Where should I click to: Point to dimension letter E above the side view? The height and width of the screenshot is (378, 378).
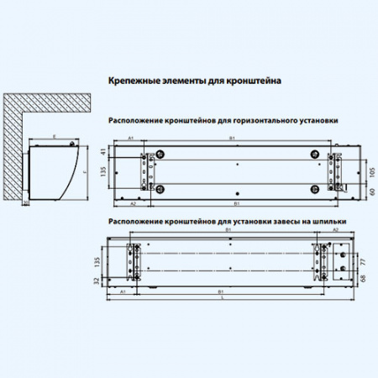pos(53,134)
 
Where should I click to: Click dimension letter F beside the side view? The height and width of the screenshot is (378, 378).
pos(84,171)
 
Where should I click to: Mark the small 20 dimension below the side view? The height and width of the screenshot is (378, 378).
pos(25,203)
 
